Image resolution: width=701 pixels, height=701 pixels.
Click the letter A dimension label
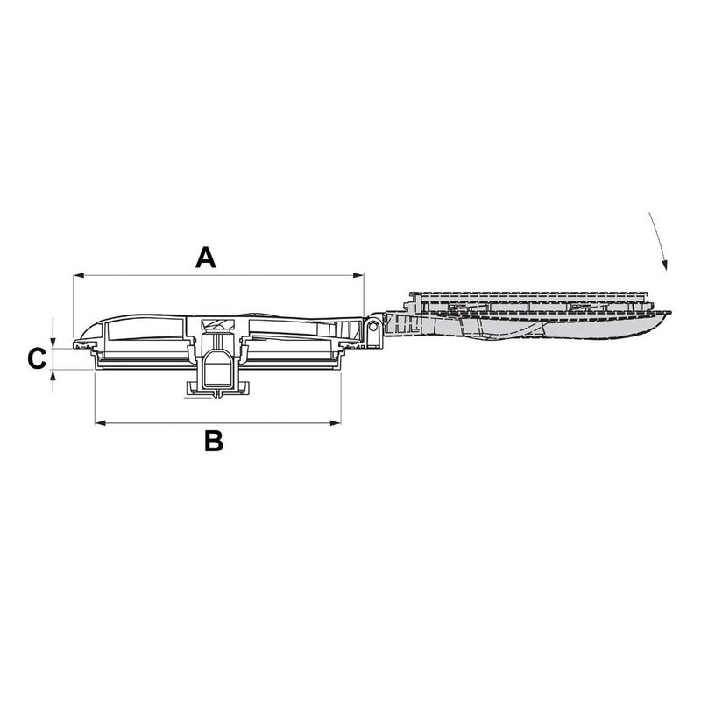205,257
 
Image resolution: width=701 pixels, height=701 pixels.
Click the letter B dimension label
213,441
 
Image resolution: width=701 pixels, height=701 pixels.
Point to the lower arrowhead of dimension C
54,374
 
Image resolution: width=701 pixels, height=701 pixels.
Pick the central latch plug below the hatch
216,368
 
